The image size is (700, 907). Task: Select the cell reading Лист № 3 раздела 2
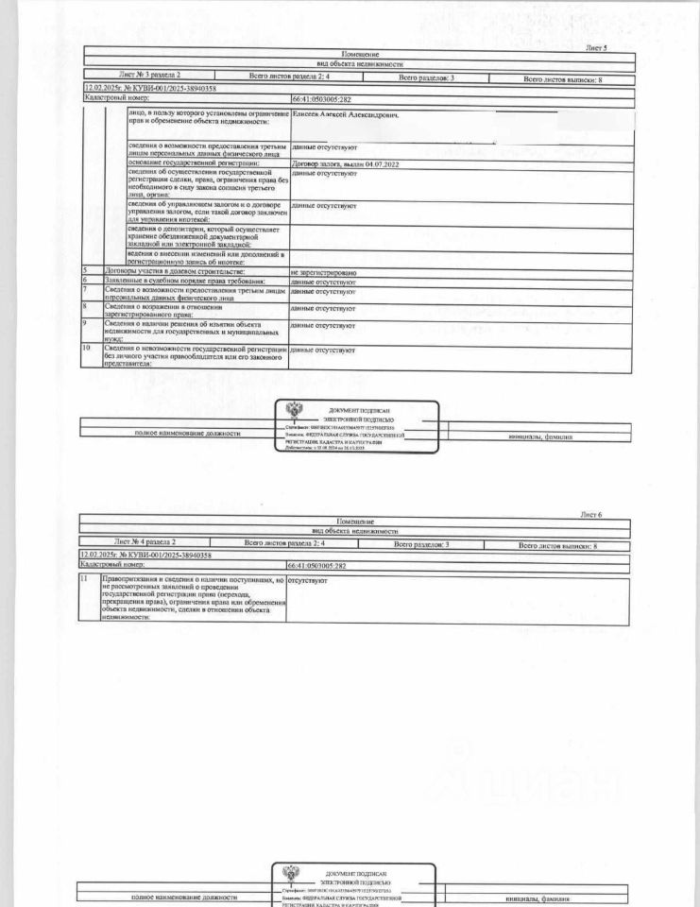click(150, 73)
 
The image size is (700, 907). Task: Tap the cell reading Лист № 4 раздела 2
click(145, 542)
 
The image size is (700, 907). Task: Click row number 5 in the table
click(84, 271)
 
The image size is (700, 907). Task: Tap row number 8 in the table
click(84, 306)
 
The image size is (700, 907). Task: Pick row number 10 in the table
click(86, 349)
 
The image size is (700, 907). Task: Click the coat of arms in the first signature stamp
click(295, 412)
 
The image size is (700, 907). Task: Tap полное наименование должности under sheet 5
click(186, 433)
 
